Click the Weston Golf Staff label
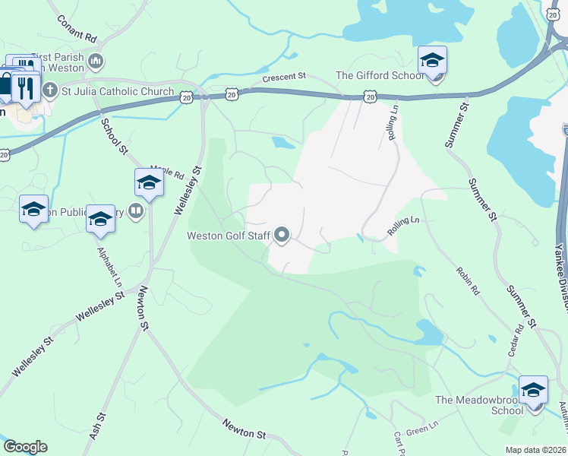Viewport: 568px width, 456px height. (x=229, y=236)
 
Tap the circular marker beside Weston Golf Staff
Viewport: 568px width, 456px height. (x=282, y=236)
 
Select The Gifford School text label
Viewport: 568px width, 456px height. (x=380, y=76)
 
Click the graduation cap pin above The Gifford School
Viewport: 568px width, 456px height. (x=432, y=60)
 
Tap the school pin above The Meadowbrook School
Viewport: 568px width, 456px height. (x=533, y=389)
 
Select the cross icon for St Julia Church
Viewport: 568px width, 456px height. (x=50, y=91)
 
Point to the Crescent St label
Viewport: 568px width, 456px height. (x=284, y=77)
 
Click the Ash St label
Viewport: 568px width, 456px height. (x=96, y=428)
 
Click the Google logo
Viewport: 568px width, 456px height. (x=25, y=447)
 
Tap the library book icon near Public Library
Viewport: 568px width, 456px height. (x=136, y=211)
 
